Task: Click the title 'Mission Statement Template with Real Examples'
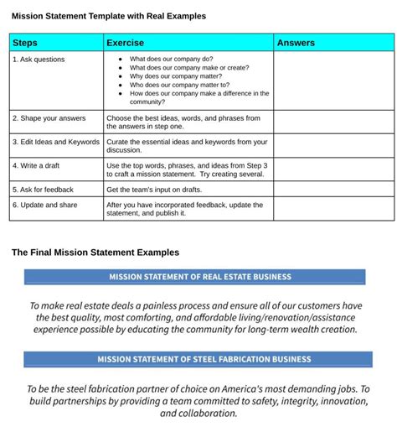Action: pos(109,16)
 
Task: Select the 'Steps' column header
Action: pos(26,43)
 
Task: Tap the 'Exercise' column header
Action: pos(126,43)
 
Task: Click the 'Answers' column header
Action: pos(296,43)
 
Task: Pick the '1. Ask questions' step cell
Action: pos(39,60)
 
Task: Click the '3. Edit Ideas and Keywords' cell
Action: pos(56,142)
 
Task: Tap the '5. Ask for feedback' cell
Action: pos(44,190)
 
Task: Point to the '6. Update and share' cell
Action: pos(45,205)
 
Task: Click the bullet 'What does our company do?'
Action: pos(171,60)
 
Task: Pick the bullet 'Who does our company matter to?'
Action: pos(179,85)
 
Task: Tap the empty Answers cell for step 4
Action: pos(333,169)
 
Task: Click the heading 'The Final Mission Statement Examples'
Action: pos(95,252)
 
